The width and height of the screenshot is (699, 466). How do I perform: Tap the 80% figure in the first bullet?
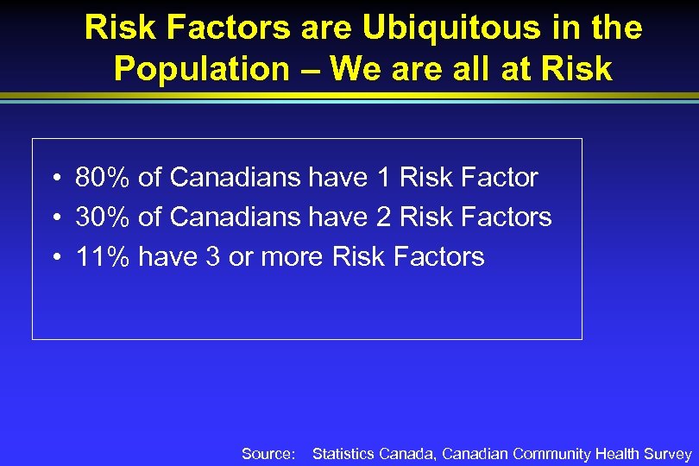tap(103, 178)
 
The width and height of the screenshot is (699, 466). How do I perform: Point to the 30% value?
tap(103, 217)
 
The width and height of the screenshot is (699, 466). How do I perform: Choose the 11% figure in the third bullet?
tap(103, 257)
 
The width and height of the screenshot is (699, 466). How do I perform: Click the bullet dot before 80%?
tap(54, 179)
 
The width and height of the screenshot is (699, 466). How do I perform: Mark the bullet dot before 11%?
tap(54, 258)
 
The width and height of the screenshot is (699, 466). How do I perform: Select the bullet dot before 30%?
tap(54, 218)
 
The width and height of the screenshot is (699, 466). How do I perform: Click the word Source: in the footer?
tap(268, 454)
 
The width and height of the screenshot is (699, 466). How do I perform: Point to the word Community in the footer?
tap(551, 454)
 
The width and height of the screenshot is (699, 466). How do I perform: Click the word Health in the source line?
tap(618, 454)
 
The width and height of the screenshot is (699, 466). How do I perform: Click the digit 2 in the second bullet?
tap(384, 217)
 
